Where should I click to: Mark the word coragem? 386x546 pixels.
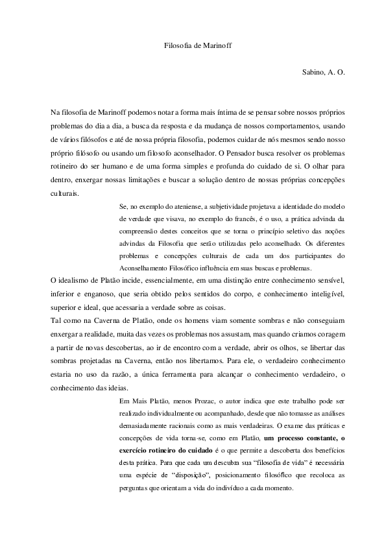click(x=328, y=334)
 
